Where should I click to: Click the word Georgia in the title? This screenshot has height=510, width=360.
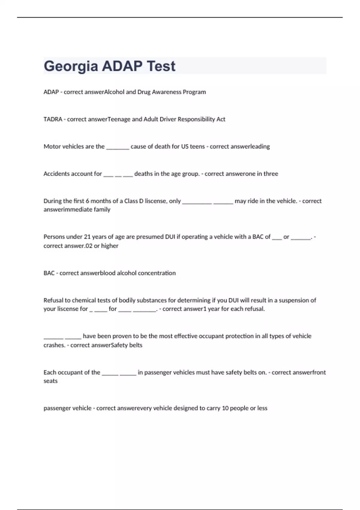[x=71, y=66]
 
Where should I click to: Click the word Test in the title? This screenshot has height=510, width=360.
[x=161, y=66]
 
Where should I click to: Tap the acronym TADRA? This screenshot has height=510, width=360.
[x=53, y=119]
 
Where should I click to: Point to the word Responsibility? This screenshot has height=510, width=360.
[x=196, y=119]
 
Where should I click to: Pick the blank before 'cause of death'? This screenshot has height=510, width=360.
[x=118, y=147]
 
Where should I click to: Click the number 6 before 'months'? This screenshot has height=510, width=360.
[x=87, y=201]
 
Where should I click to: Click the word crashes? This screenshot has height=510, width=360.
[x=54, y=345]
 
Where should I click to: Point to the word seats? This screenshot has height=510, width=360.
[x=50, y=381]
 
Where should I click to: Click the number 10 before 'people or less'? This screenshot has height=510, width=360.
[x=225, y=408]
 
